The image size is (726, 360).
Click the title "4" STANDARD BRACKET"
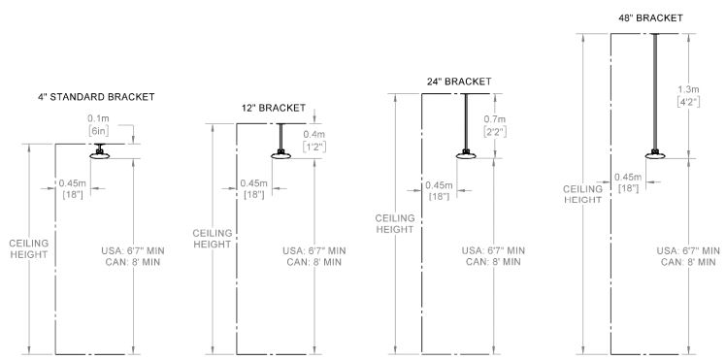(x=96, y=97)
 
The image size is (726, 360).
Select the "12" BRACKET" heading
(x=274, y=108)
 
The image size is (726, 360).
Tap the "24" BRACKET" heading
(x=458, y=81)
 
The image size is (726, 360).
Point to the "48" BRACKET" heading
(x=651, y=17)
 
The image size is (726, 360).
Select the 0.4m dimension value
(x=314, y=134)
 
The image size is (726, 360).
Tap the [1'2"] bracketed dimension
(x=314, y=147)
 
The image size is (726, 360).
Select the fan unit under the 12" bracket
(x=281, y=154)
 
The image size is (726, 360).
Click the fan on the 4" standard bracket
(x=98, y=153)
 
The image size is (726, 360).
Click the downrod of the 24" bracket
(x=467, y=120)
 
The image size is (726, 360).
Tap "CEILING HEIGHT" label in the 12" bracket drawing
(x=213, y=239)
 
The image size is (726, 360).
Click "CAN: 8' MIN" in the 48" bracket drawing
(x=685, y=263)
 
